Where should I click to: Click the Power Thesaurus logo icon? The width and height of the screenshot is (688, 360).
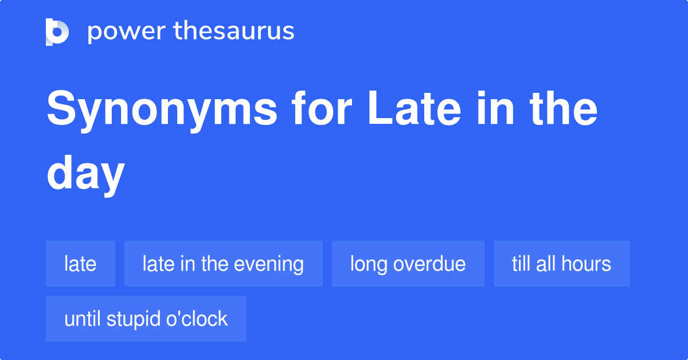coord(57,32)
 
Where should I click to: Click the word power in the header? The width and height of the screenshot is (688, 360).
coord(127,32)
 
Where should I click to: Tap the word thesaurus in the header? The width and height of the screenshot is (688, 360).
coord(234,30)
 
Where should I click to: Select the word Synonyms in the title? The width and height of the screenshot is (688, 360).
coord(162,110)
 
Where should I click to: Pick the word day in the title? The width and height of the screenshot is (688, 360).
coord(85,175)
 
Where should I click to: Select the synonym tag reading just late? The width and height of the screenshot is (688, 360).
coord(80,264)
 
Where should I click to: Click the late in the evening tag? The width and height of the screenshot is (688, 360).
coord(223,264)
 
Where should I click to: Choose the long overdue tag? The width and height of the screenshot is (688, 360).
coord(408,264)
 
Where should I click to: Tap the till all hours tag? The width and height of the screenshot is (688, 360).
coord(561,264)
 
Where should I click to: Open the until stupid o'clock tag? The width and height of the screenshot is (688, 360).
coord(146,319)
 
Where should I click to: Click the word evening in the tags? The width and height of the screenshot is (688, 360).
coord(268,265)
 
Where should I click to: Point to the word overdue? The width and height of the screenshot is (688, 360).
coord(429,264)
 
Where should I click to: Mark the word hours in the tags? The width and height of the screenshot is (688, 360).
coord(586,264)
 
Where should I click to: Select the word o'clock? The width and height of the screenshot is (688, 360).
coord(197,319)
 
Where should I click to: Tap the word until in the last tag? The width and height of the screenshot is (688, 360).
coord(83,319)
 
